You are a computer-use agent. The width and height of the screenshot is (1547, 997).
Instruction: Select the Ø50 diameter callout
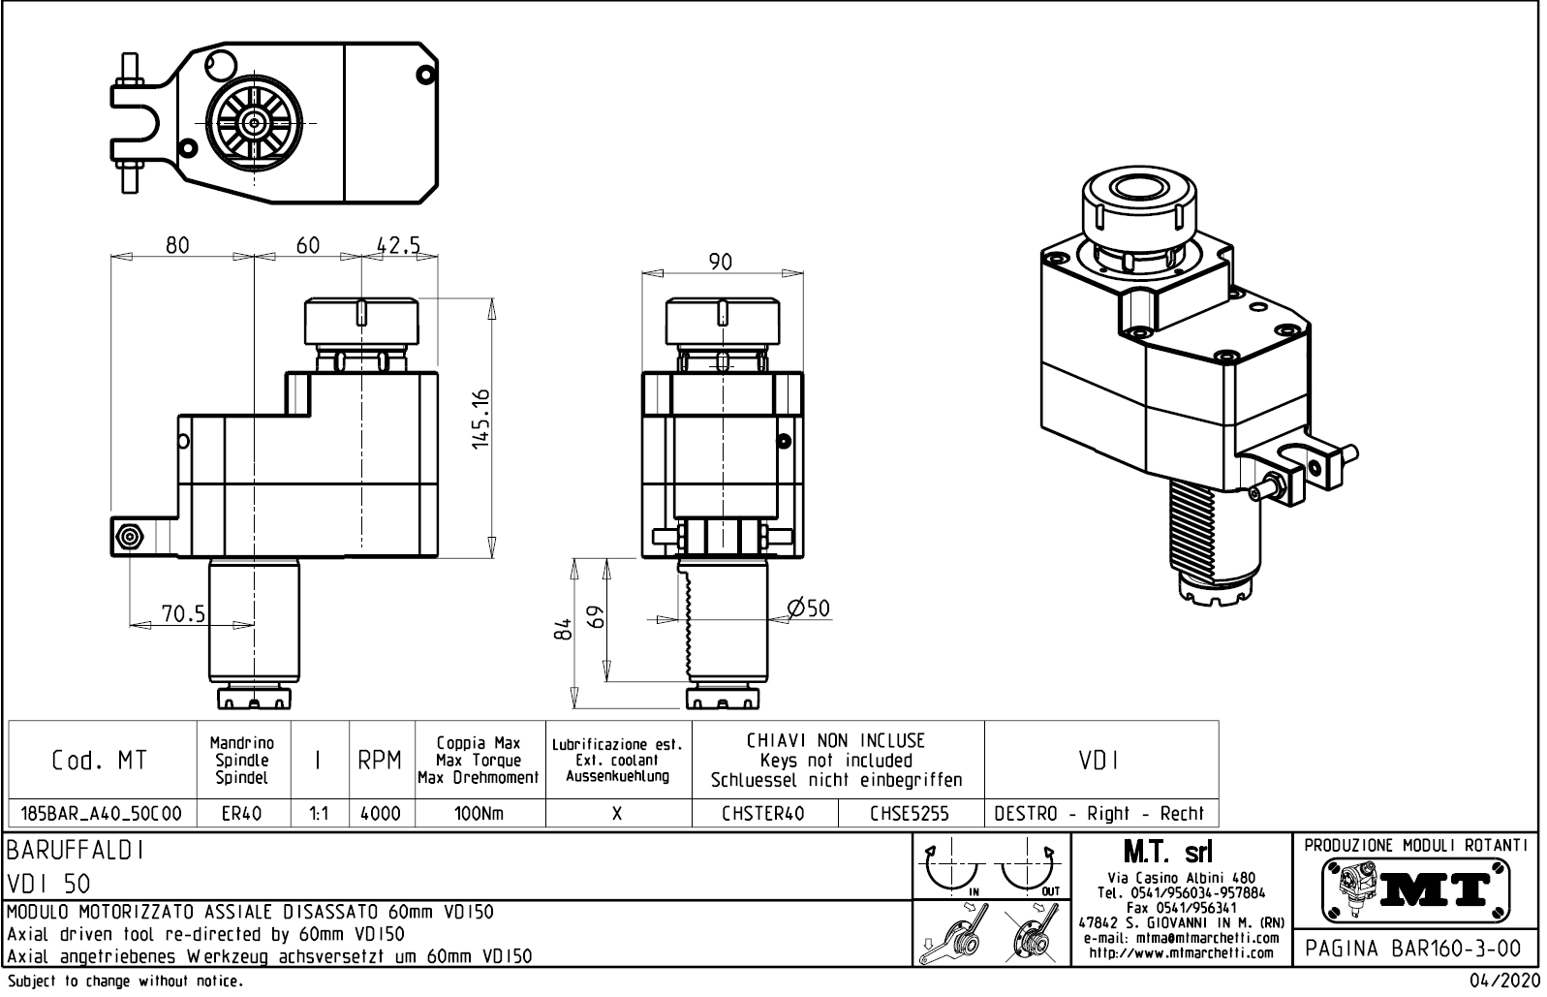point(809,608)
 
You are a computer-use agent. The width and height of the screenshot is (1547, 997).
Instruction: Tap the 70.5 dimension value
point(183,613)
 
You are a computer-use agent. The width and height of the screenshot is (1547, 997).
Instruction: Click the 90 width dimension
point(721,262)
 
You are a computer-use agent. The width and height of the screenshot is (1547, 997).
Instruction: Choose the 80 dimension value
point(177,245)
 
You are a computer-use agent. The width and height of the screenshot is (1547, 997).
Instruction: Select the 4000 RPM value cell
point(381,814)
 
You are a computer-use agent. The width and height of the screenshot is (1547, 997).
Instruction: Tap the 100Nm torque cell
point(479,814)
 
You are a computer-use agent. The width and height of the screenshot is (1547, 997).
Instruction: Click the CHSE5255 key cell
point(910,814)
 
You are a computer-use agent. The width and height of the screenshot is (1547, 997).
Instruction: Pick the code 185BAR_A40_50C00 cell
point(101,814)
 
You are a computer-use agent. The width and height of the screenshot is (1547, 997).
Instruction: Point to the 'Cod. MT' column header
point(101,761)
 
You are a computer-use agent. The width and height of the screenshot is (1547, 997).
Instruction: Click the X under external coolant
point(617,814)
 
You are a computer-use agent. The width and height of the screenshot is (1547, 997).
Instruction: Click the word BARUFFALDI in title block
point(77,851)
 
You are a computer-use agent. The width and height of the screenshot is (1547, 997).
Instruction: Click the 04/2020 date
point(1504,981)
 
